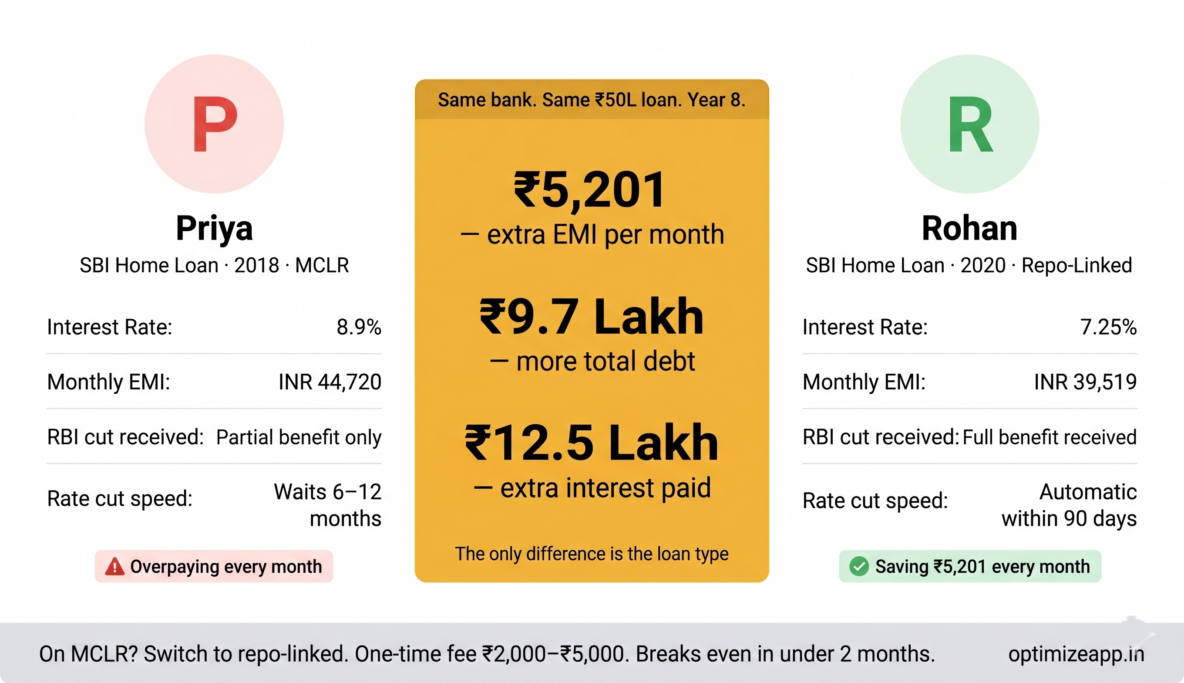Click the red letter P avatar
pyautogui.click(x=214, y=124)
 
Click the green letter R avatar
pyautogui.click(x=969, y=124)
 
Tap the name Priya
pyautogui.click(x=214, y=228)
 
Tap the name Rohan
pyautogui.click(x=969, y=228)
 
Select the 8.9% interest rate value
pyautogui.click(x=359, y=327)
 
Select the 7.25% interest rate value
pyautogui.click(x=1108, y=327)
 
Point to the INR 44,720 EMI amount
pyautogui.click(x=330, y=382)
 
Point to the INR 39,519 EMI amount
pyautogui.click(x=1085, y=382)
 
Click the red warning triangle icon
pyautogui.click(x=114, y=567)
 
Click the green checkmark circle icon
pyautogui.click(x=859, y=566)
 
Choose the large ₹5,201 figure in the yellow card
pyautogui.click(x=589, y=189)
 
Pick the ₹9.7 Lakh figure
pyautogui.click(x=592, y=318)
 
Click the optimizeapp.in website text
pyautogui.click(x=1076, y=654)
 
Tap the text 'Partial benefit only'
pyautogui.click(x=299, y=437)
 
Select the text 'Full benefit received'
pyautogui.click(x=1049, y=437)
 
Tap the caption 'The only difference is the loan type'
pyautogui.click(x=592, y=554)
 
